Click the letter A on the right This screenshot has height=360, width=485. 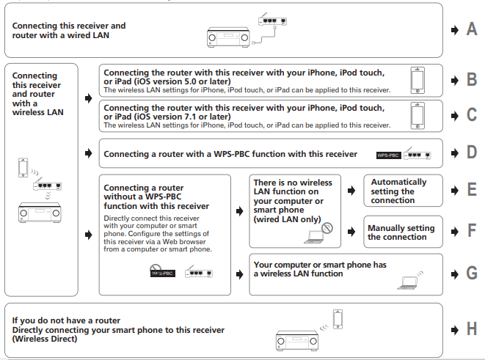point(472,29)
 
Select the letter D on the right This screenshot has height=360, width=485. point(472,154)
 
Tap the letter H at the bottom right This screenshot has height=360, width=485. point(472,328)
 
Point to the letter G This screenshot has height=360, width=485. point(472,273)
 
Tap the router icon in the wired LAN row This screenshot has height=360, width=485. point(272,21)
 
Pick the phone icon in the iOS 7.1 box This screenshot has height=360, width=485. point(417,115)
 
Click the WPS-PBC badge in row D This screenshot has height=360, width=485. point(388,155)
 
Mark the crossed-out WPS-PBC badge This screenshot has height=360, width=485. point(163,273)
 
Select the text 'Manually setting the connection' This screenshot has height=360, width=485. point(401,232)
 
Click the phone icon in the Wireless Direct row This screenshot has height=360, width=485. point(338,319)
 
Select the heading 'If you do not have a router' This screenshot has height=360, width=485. point(67,320)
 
